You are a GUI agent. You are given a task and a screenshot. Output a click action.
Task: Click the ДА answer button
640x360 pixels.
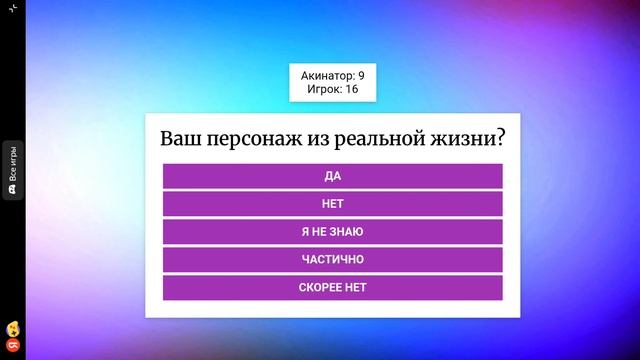(x=332, y=176)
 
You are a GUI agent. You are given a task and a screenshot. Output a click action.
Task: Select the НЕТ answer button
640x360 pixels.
(x=332, y=204)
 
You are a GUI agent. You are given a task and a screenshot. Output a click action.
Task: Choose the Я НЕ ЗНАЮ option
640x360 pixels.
(x=332, y=232)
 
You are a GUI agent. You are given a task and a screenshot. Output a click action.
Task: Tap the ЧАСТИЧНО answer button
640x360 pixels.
(x=332, y=260)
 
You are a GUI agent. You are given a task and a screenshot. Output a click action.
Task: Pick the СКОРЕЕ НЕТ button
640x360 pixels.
(x=332, y=288)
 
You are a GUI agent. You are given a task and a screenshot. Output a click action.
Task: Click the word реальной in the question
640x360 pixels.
(x=383, y=138)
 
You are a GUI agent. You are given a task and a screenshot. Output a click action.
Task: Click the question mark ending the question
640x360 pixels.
(x=499, y=138)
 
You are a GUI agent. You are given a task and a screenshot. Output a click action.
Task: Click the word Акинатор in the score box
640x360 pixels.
(x=327, y=76)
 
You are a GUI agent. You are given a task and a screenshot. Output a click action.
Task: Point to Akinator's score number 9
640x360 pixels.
(x=361, y=76)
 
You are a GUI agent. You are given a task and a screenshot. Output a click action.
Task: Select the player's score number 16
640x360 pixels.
(x=352, y=90)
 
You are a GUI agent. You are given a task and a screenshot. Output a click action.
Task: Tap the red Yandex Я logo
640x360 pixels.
(x=12, y=342)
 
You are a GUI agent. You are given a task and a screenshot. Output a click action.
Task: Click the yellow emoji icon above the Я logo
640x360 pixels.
(x=12, y=328)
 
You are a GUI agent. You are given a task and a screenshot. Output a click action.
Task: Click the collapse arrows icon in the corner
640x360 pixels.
(x=12, y=7)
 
